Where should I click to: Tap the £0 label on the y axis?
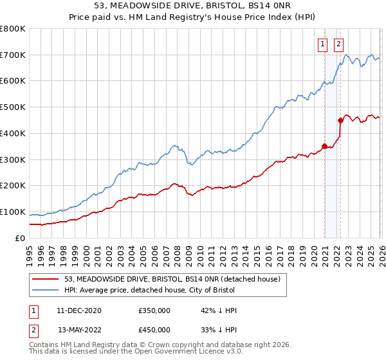click(21, 238)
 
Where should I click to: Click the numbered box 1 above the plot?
click(322, 44)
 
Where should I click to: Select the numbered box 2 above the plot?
click(338, 44)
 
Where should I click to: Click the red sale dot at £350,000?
click(324, 146)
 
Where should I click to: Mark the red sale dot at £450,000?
click(340, 120)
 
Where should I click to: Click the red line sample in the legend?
click(47, 280)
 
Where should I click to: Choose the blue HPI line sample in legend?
click(47, 291)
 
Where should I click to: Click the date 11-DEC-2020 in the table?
click(79, 310)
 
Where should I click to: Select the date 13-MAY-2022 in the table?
click(79, 330)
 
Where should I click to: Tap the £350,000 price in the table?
click(154, 310)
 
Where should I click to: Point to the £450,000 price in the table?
click(154, 330)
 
